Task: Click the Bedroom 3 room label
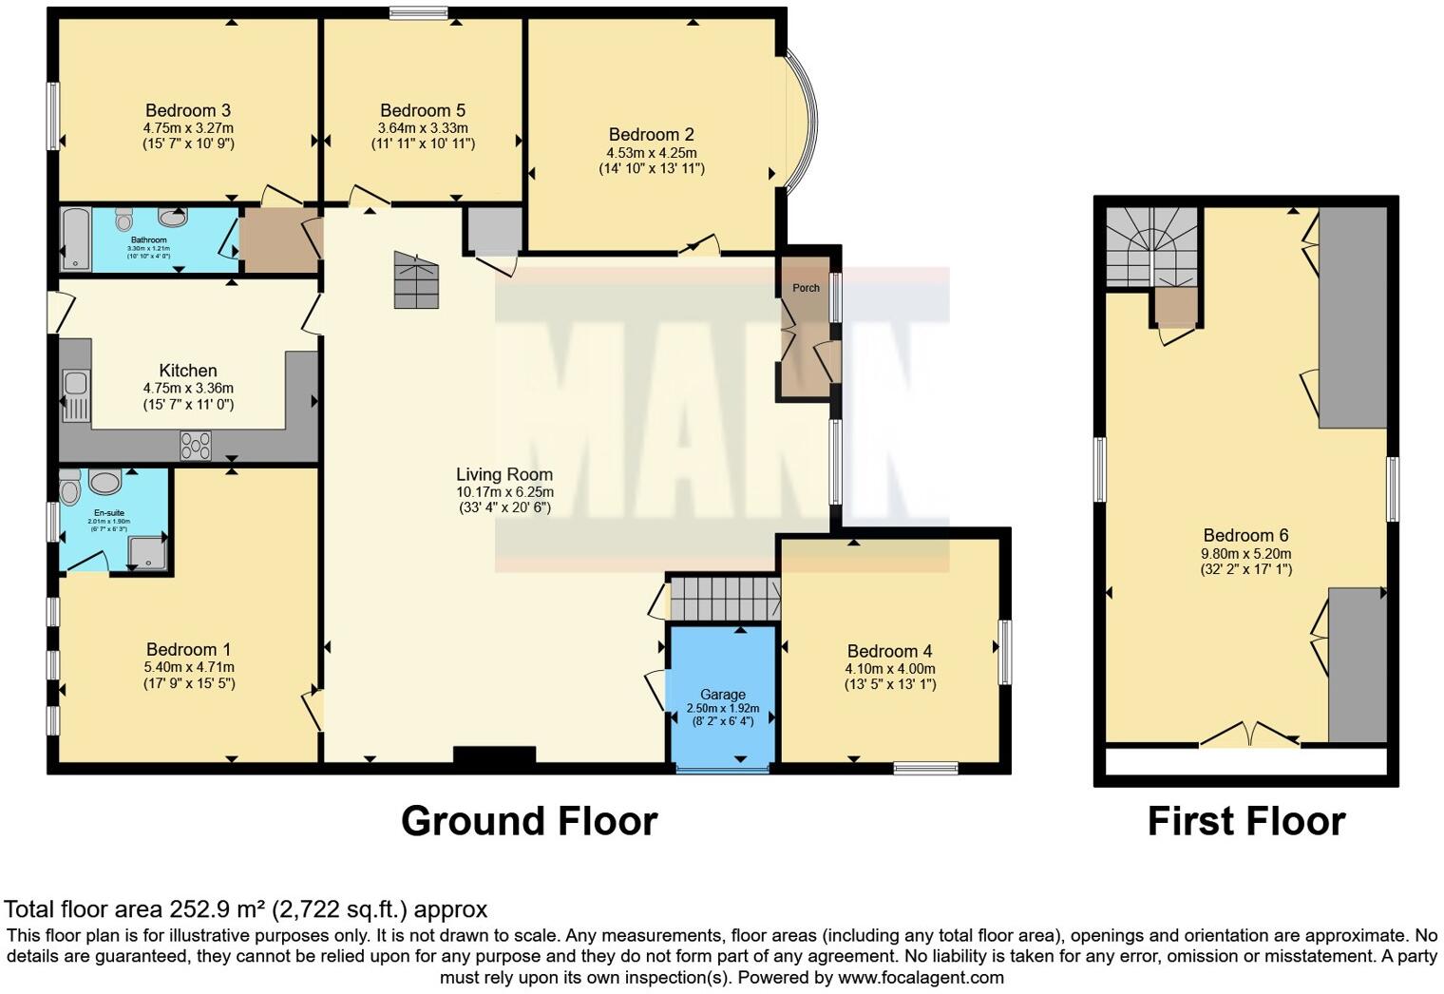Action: (188, 110)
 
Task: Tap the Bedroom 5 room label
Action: (423, 110)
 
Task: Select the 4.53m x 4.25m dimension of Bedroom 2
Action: (652, 152)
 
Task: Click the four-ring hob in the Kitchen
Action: (196, 445)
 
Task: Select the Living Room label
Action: (504, 474)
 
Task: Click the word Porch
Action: (806, 288)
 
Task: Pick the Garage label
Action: (723, 694)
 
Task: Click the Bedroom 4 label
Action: (889, 651)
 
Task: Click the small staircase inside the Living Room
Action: (418, 280)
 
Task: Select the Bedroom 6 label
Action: (1245, 535)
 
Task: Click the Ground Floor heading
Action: (529, 821)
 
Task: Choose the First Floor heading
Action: (1246, 821)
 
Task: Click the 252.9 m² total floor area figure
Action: (218, 909)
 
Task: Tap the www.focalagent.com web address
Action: (921, 977)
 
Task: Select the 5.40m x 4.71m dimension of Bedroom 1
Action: (188, 667)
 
